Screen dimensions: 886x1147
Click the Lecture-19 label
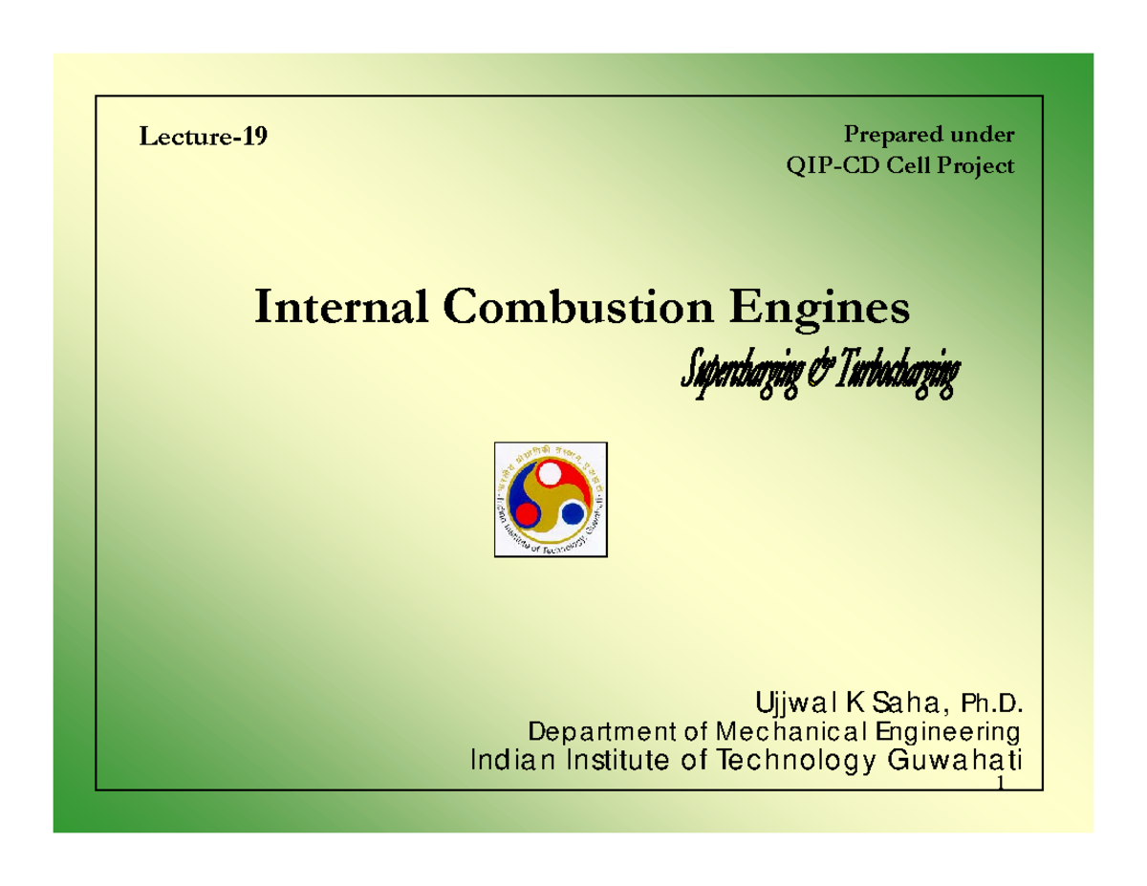click(204, 138)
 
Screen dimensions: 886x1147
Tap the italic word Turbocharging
click(895, 378)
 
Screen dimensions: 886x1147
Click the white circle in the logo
click(550, 473)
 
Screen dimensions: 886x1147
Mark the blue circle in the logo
click(573, 514)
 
